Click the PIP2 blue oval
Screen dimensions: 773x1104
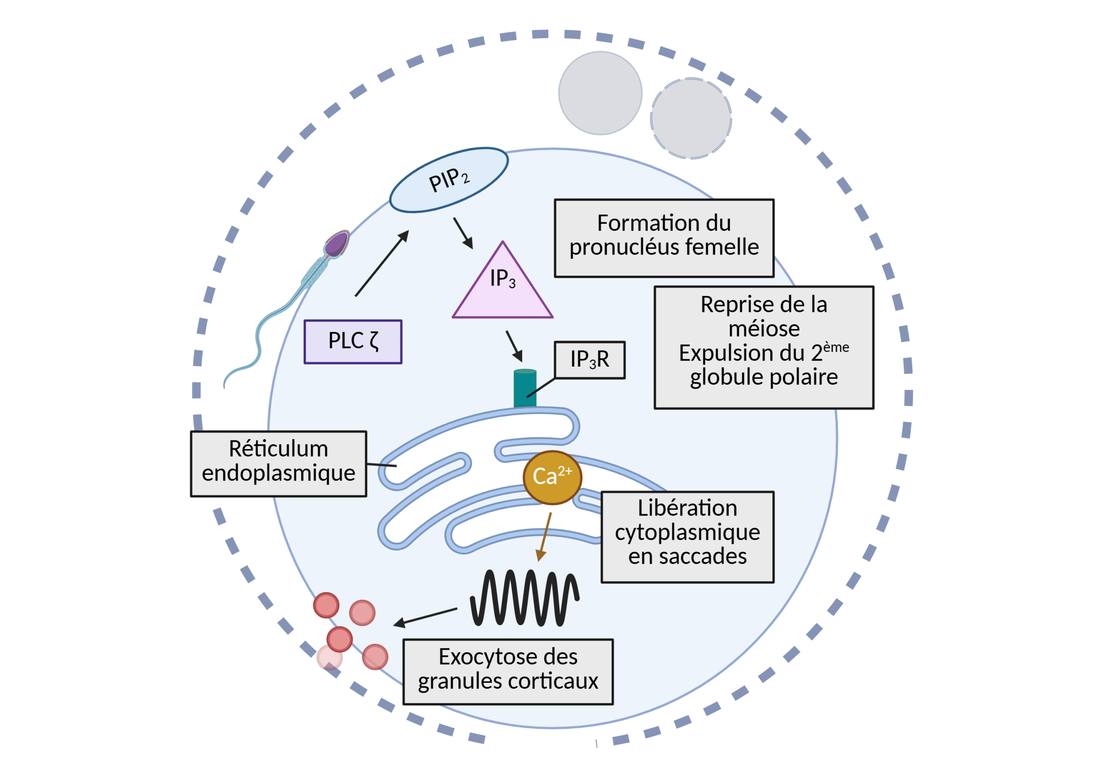coord(448,180)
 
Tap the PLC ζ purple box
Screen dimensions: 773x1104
coord(353,342)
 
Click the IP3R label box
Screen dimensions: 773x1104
coord(590,360)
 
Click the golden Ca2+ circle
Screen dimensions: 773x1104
coord(552,477)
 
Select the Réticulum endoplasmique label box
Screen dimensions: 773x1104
coord(279,463)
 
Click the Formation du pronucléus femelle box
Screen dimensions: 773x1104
coord(664,238)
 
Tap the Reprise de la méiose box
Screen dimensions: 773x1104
coord(764,347)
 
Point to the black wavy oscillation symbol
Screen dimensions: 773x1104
coord(524,598)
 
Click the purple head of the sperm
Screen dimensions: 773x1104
coord(336,244)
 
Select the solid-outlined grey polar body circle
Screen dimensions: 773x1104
coord(600,93)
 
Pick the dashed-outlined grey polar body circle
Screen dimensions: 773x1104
coord(691,118)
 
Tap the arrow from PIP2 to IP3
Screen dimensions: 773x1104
coord(463,233)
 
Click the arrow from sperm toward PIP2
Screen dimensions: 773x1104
coord(382,263)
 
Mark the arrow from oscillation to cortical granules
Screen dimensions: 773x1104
coord(425,617)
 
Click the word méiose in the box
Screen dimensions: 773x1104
coord(764,329)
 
